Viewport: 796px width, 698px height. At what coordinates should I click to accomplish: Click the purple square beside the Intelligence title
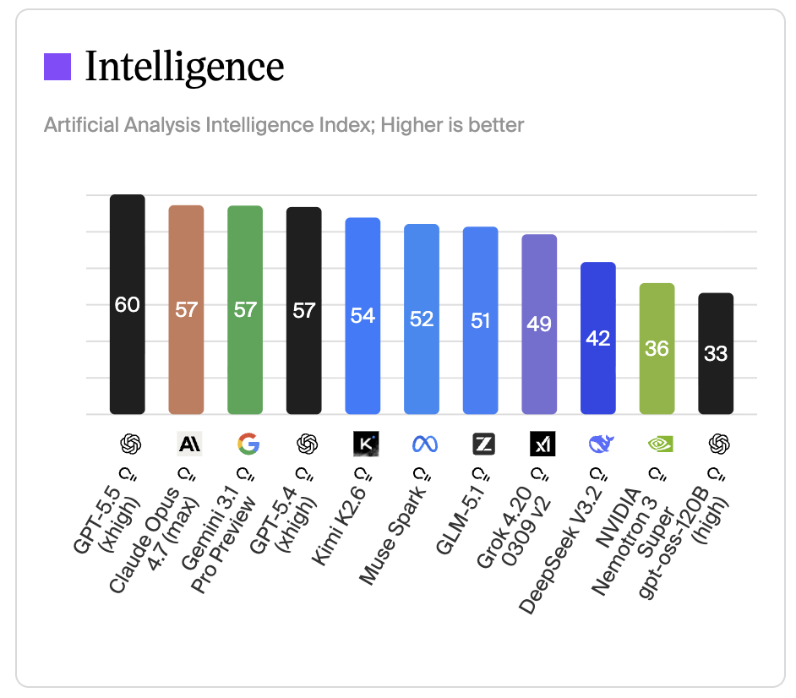pyautogui.click(x=57, y=67)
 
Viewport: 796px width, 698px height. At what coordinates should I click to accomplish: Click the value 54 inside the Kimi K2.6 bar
pyautogui.click(x=363, y=315)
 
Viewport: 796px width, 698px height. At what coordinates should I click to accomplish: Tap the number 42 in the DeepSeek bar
pyautogui.click(x=598, y=338)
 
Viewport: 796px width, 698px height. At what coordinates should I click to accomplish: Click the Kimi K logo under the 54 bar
pyautogui.click(x=365, y=444)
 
